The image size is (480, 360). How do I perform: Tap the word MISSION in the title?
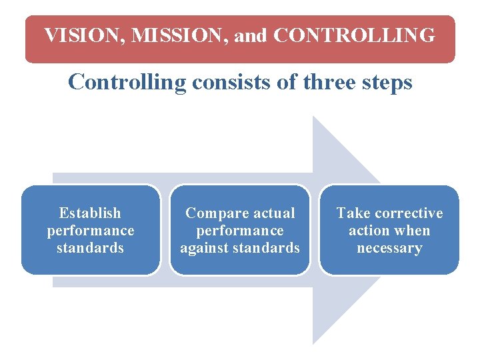coord(179,35)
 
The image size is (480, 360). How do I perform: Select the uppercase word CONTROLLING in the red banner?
coord(354,35)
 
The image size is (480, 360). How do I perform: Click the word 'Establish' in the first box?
coord(90,213)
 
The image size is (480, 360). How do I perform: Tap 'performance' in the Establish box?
coord(90,231)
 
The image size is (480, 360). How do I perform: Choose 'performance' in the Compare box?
coord(240,231)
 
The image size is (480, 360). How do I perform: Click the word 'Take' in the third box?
coord(353,213)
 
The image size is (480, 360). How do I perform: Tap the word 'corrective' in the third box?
coord(408,213)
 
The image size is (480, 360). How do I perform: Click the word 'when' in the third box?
coord(413,231)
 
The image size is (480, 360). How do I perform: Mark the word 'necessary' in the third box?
coord(389,249)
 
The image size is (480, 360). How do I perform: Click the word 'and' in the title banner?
coord(250,35)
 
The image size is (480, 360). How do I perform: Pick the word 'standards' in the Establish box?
coord(90,248)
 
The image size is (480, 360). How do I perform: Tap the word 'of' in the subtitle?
coord(287,83)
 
